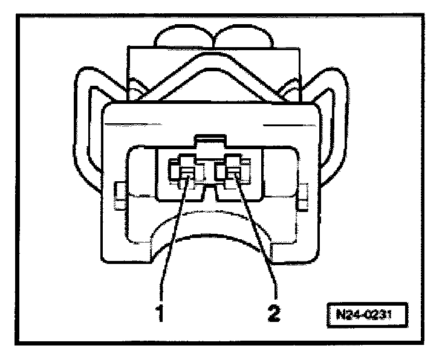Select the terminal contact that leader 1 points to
click(x=186, y=174)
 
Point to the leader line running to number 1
click(x=172, y=242)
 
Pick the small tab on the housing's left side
click(x=118, y=193)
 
